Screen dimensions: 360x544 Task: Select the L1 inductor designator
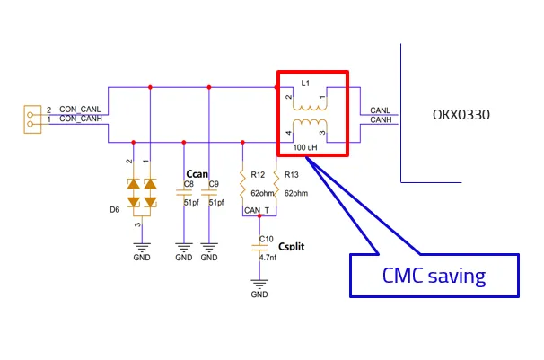[x=306, y=83]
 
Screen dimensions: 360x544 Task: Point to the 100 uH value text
[x=306, y=147]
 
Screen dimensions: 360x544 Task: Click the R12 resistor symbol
[x=242, y=186]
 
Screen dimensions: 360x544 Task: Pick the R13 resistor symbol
[x=276, y=186]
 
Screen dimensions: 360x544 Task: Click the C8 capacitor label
[x=189, y=184]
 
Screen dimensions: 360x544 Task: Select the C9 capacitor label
[x=214, y=184]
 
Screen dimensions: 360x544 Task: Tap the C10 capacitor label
[x=266, y=239]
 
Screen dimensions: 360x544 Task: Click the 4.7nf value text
[x=268, y=257]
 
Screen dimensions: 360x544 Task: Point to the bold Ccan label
[x=197, y=172]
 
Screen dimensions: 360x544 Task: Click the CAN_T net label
[x=256, y=210]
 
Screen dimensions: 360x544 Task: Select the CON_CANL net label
[x=81, y=109]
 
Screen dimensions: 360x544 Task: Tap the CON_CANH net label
[x=81, y=119]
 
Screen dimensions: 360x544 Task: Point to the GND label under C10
[x=259, y=294]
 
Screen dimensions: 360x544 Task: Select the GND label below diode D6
[x=142, y=258]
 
